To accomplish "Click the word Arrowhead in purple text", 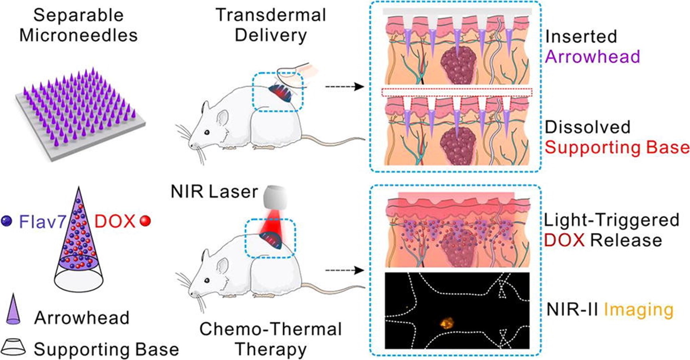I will (592, 57).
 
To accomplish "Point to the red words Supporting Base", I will (617, 148).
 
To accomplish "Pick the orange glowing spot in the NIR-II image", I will (446, 321).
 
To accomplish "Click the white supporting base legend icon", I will (14, 348).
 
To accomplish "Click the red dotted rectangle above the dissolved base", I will (457, 92).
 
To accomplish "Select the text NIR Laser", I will (214, 192).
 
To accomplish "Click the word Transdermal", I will (271, 15).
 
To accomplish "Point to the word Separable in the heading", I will (79, 15).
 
